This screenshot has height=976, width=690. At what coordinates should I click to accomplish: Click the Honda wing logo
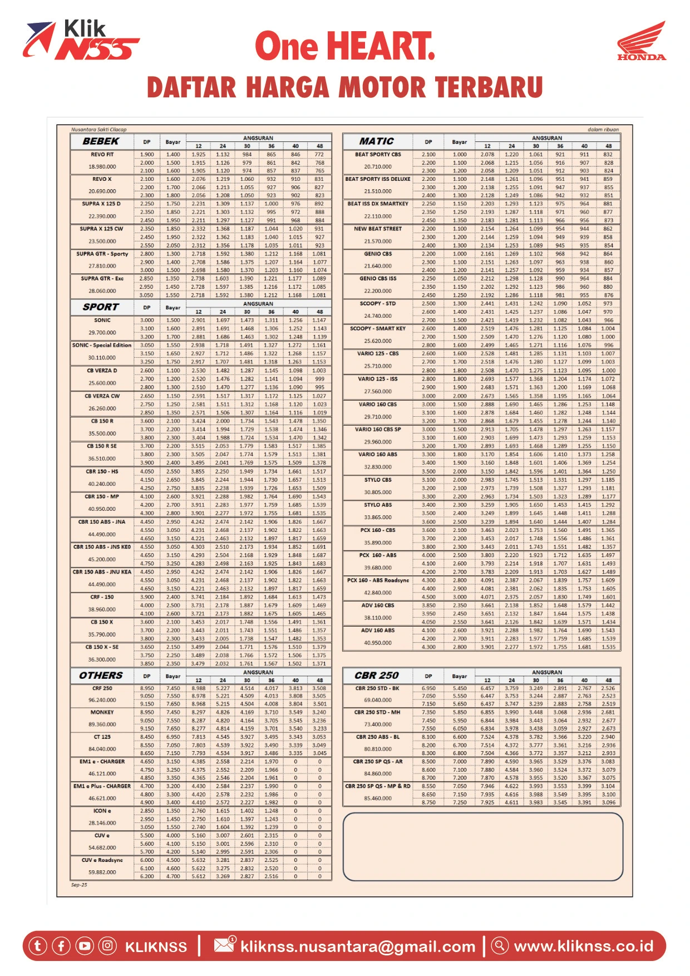[x=642, y=40]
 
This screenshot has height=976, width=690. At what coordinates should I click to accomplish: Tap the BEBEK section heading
[x=101, y=141]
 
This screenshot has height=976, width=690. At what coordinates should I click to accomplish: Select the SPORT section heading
[x=101, y=307]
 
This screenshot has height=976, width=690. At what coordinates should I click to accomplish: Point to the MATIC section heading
[x=377, y=141]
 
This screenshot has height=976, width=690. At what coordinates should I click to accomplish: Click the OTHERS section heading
[x=101, y=676]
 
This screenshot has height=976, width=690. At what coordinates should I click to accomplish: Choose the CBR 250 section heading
[x=377, y=676]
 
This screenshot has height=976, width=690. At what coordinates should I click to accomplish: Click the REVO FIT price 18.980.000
[x=102, y=166]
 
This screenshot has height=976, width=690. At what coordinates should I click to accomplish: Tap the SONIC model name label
[x=102, y=321]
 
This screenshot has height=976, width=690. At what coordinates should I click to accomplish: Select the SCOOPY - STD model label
[x=378, y=304]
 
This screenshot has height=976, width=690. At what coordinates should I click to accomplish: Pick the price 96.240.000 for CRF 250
[x=102, y=700]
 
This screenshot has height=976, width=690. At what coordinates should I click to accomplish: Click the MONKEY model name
[x=102, y=712]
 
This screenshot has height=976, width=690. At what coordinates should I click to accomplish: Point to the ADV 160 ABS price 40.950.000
[x=378, y=643]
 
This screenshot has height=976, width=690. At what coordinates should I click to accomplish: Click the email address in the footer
[x=358, y=947]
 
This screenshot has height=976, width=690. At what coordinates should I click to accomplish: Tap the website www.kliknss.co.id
[x=583, y=946]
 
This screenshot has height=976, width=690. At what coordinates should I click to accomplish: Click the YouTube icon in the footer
[x=85, y=945]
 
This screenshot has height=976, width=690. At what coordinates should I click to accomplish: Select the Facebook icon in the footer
[x=61, y=945]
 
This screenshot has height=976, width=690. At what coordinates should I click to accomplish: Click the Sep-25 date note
[x=79, y=885]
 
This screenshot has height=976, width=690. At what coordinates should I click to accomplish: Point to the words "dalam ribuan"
[x=603, y=130]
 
